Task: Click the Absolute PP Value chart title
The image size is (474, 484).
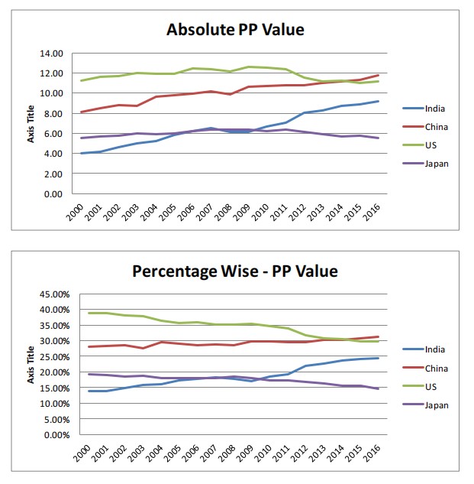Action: [235, 30]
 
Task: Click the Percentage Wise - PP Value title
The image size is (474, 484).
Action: [235, 271]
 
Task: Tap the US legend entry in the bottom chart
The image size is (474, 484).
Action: [429, 386]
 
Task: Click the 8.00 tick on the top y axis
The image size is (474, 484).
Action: [53, 114]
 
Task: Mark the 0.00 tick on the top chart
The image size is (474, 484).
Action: [53, 194]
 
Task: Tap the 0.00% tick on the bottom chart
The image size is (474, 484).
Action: [50, 435]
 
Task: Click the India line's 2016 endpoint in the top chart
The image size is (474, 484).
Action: [377, 101]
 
